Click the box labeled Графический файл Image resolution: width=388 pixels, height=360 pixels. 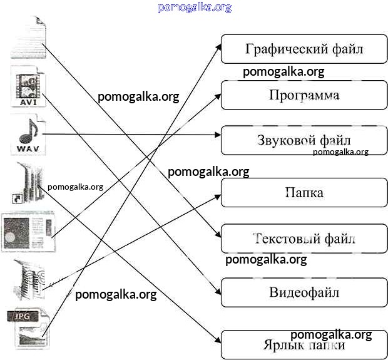click(x=304, y=49)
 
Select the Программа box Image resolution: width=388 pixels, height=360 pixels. click(x=304, y=95)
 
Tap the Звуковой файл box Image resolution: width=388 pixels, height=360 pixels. click(x=304, y=140)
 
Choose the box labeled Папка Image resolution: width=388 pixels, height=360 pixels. click(x=304, y=192)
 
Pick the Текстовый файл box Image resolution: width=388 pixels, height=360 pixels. click(x=304, y=239)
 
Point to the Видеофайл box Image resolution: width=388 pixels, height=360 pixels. click(x=304, y=292)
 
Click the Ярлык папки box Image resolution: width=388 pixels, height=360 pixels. click(x=304, y=344)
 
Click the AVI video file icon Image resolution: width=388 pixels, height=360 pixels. click(x=27, y=87)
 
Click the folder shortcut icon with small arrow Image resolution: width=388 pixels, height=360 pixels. click(x=26, y=182)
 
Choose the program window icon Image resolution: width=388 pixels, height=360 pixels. click(x=28, y=231)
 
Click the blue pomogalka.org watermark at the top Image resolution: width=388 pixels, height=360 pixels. click(x=195, y=8)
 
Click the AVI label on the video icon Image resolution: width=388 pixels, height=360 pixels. click(x=27, y=100)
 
